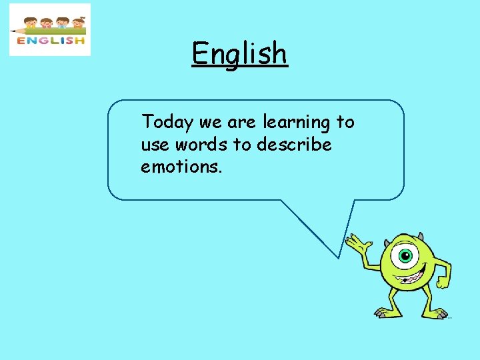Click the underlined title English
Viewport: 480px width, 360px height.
tap(239, 53)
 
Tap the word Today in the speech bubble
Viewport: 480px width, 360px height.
tap(167, 123)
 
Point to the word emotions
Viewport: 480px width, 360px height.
tap(181, 166)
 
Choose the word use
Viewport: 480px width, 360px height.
tap(153, 145)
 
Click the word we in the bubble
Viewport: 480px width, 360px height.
tap(211, 123)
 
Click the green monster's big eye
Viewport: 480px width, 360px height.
tap(405, 255)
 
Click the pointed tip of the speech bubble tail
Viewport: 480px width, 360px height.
tap(339, 257)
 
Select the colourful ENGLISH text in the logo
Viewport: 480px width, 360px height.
tap(51, 41)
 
